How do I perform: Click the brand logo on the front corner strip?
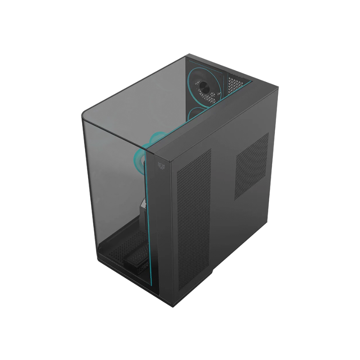[161, 165]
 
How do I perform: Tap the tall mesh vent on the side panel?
[194, 223]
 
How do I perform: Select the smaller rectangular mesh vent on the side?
[252, 166]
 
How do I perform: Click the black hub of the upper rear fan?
[204, 85]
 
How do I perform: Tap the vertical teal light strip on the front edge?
[147, 223]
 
